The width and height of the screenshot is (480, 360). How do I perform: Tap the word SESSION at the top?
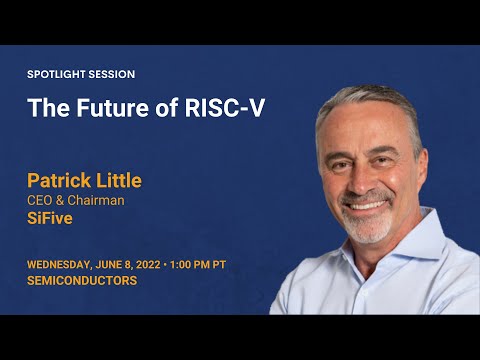pos(114,74)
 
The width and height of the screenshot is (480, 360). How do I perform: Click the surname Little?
pos(119,181)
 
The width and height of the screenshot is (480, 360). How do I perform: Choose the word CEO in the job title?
pos(42,200)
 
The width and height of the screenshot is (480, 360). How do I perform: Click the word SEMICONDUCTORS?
pos(82,281)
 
